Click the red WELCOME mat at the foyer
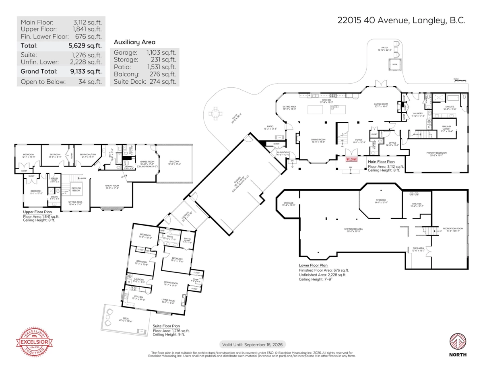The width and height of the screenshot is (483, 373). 351,159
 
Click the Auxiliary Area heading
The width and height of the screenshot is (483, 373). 134,42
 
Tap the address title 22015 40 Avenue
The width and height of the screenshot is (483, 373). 401,21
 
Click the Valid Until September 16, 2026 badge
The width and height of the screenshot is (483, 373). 253,344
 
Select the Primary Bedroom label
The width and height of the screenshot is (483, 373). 436,153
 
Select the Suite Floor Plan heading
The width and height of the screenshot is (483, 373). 166,326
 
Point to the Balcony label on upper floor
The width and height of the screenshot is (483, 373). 175,162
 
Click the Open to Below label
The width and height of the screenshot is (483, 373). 76,189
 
